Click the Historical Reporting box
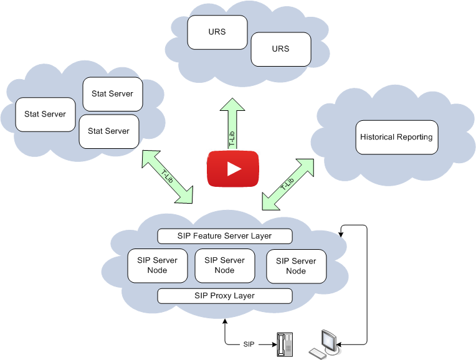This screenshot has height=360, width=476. (x=396, y=137)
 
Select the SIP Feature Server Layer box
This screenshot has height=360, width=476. (x=224, y=236)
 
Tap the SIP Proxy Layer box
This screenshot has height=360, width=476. (x=224, y=296)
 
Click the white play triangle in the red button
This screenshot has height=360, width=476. (x=234, y=169)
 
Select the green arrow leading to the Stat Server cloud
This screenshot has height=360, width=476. (x=168, y=176)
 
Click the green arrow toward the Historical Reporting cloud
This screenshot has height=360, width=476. (x=288, y=184)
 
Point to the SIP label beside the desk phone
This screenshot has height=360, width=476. (x=249, y=344)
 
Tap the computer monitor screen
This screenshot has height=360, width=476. (x=328, y=340)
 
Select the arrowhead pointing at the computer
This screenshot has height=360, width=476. (x=342, y=344)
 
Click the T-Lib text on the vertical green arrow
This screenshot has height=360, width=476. (x=232, y=139)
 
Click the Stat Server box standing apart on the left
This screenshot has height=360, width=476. (x=45, y=114)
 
